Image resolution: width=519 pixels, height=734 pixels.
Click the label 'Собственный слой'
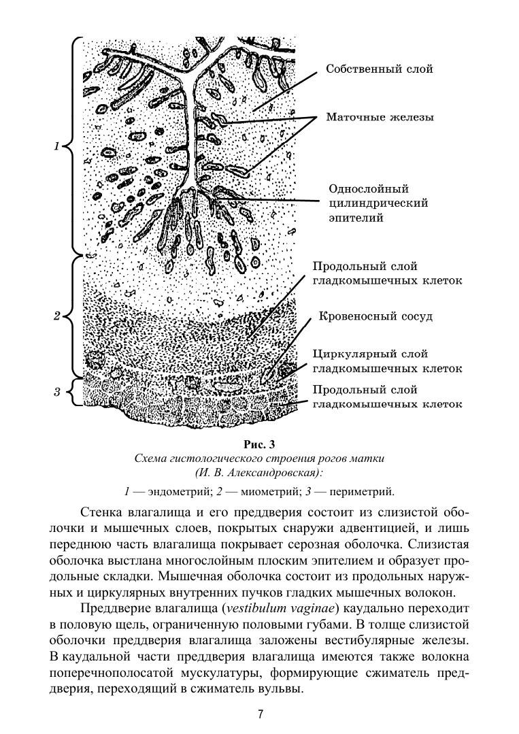tap(379, 69)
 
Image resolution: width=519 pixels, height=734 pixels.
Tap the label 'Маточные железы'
tap(380, 118)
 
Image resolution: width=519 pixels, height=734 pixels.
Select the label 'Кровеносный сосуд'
tap(375, 317)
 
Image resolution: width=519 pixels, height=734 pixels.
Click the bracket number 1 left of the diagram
tap(57, 146)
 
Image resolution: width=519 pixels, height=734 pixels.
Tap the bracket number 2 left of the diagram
tap(57, 316)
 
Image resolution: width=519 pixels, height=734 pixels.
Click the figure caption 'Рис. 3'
tap(259, 446)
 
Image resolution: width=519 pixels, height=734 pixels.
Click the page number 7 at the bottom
tap(260, 714)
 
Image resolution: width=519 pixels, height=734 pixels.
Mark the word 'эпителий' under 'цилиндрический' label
tap(355, 218)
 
